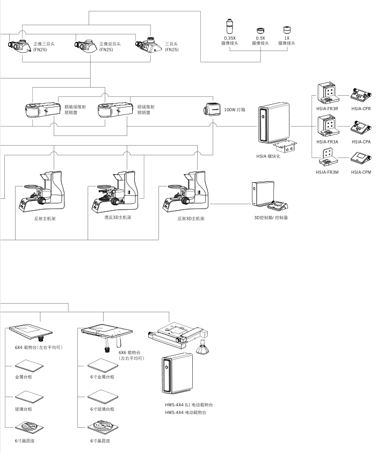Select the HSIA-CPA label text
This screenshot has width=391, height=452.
(361, 142)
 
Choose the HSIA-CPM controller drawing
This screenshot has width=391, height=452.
(360, 159)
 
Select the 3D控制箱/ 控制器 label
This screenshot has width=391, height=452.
(270, 218)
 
